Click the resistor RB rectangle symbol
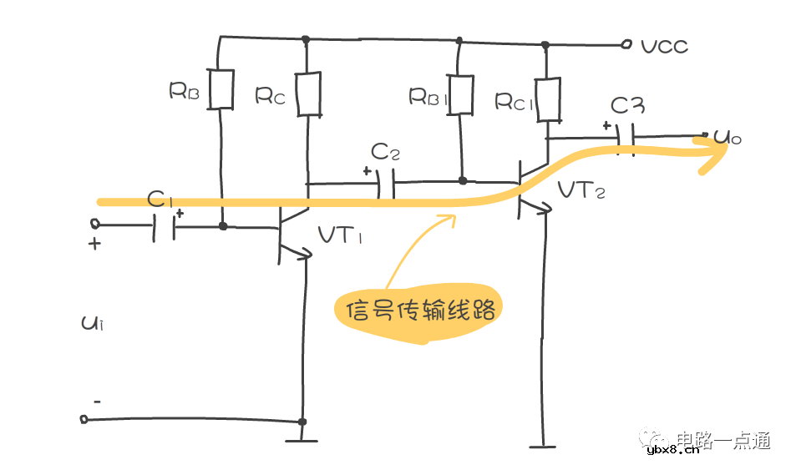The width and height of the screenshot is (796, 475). tap(221, 89)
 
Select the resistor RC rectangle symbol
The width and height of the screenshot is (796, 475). tap(308, 93)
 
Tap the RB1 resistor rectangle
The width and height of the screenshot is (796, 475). tap(460, 93)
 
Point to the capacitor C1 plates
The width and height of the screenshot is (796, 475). tap(165, 226)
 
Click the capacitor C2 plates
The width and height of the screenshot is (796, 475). tap(385, 183)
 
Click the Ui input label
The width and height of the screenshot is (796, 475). tap(91, 323)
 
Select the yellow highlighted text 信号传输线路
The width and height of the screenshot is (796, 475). tap(415, 311)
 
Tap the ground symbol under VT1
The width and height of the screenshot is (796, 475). tap(302, 439)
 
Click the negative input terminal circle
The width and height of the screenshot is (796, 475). tap(84, 418)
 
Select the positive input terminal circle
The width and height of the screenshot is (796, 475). tap(94, 225)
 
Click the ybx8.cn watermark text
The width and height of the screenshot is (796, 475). tap(672, 452)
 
